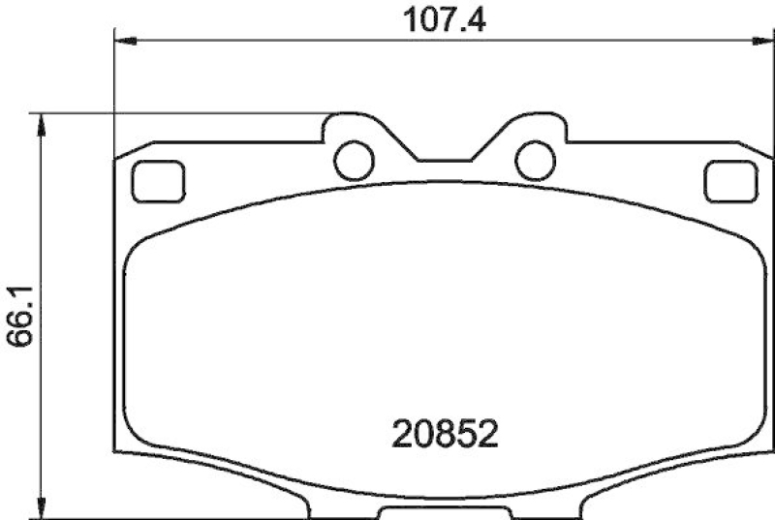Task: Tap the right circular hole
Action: click(x=535, y=160)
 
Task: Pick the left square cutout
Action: click(x=156, y=181)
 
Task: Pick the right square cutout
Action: click(x=730, y=181)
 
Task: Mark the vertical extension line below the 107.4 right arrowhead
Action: click(x=761, y=97)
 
